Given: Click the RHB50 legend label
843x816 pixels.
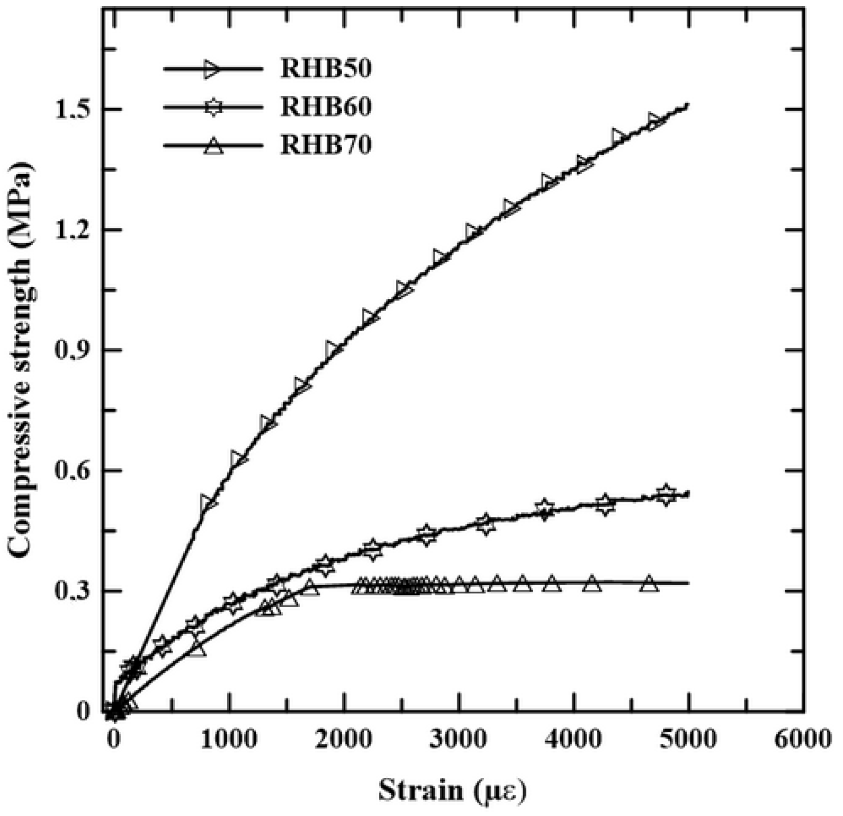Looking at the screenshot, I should [x=326, y=69].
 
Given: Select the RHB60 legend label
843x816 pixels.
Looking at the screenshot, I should [x=326, y=107].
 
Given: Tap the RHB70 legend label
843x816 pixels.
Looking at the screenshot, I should [x=326, y=145].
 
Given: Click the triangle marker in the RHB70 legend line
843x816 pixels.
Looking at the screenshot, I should [x=214, y=145].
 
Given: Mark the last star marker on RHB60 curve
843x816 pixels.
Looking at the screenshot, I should [x=666, y=495].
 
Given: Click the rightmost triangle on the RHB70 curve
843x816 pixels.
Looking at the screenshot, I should [x=649, y=583].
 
